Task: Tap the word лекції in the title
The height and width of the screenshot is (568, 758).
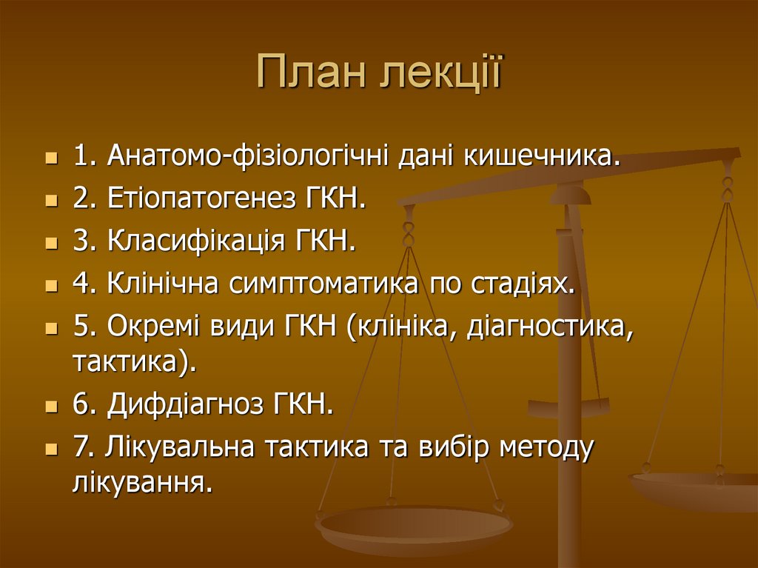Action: pyautogui.click(x=440, y=76)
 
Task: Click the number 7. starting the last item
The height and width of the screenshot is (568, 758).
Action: pyautogui.click(x=82, y=447)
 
